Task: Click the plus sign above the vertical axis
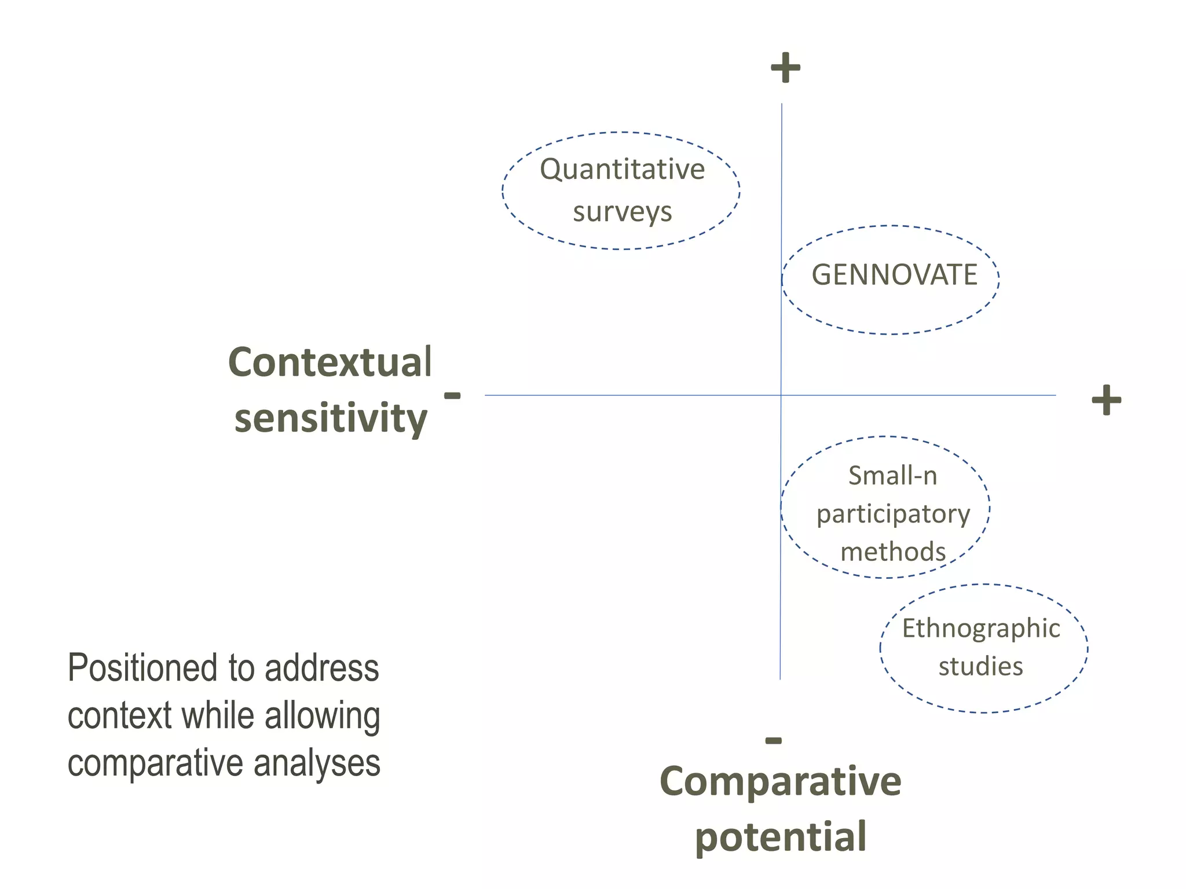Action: pos(785,68)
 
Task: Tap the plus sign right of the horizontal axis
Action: pos(1106,400)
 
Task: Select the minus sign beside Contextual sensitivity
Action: pos(452,396)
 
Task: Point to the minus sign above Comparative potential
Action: pos(774,740)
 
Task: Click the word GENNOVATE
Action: pos(894,275)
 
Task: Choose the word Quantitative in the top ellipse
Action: pos(622,170)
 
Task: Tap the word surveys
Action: pos(623,212)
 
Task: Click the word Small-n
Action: pos(892,476)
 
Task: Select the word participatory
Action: pos(893,515)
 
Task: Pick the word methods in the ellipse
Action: pos(893,552)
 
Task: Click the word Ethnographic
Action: pos(981,629)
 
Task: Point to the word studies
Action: pos(980,667)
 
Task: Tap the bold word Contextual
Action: pos(330,362)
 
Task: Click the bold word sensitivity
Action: pos(331,418)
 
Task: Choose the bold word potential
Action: pos(781,837)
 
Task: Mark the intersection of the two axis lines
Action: pos(781,395)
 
